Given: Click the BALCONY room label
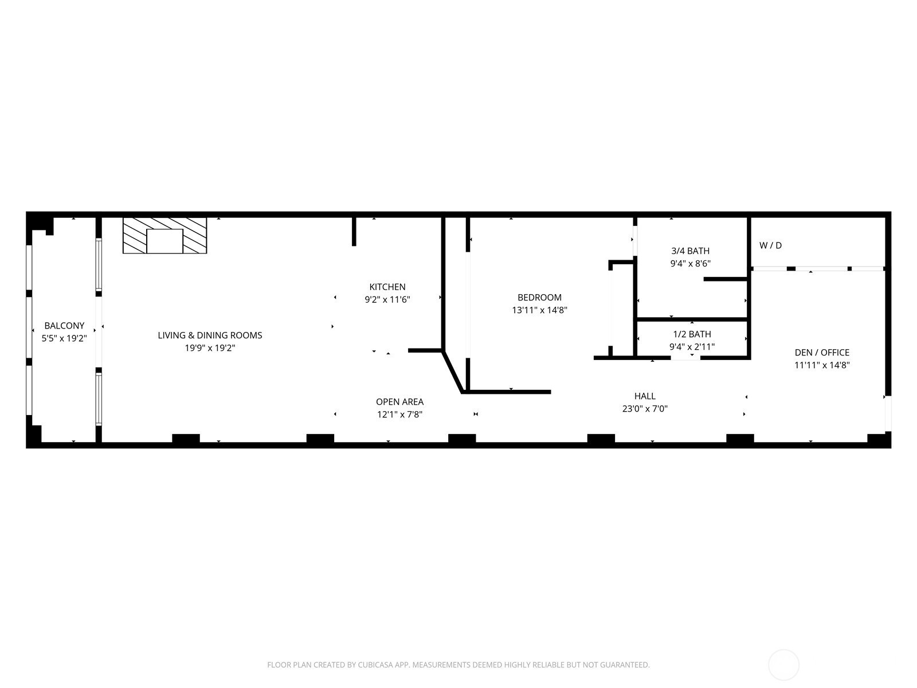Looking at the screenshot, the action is pos(64,326).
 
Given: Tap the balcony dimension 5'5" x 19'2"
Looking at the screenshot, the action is pos(64,338).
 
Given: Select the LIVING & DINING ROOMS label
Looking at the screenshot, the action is pos(210,335).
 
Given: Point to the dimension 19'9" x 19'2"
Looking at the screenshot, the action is pos(210,348).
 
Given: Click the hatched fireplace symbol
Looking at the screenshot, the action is pos(164,236).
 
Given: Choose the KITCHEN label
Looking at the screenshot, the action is pos(387,287).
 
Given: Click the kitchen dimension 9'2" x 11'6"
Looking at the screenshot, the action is pos(387,299).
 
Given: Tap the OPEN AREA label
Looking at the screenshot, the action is pos(400,402).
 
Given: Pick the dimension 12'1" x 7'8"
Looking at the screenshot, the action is pos(400,415).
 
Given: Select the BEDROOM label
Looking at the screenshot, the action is pos(539,298).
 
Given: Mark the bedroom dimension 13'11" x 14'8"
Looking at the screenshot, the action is pos(539,310).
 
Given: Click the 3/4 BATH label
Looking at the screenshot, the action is pos(690,251).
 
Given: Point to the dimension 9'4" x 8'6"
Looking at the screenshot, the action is pos(690,264).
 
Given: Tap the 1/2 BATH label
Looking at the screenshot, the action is pos(692,334).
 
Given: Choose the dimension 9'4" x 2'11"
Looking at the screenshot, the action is pos(692,347).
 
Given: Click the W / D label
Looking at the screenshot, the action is pos(770,245).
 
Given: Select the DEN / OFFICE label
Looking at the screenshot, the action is pos(822,353).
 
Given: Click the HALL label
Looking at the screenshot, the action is pos(645,396).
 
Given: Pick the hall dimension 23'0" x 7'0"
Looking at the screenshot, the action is pos(645,409).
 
